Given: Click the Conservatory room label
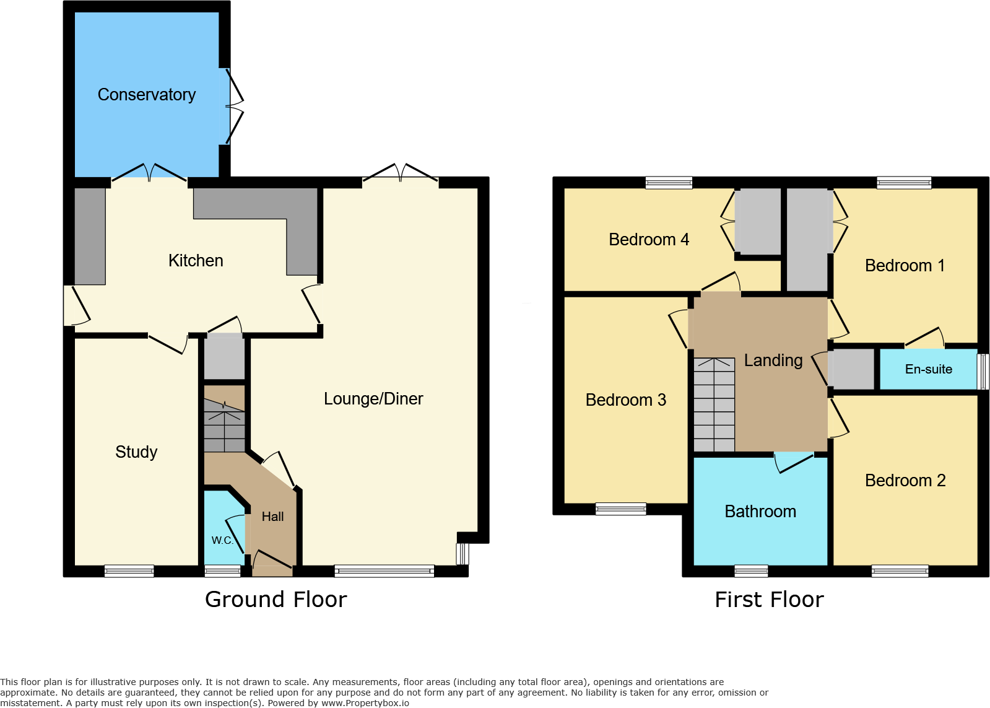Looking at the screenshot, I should coord(147,95).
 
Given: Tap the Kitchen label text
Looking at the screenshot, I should coord(196,261).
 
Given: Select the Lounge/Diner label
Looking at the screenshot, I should coord(373,399).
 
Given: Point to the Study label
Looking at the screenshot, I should coord(136,452).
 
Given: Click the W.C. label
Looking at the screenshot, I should coord(222,540).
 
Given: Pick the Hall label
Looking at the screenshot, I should coord(272,517).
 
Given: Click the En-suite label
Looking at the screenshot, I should coord(928,370).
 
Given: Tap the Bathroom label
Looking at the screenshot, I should coord(760,512).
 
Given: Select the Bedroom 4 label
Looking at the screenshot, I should coord(649,240).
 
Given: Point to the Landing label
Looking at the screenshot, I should coord(773,361).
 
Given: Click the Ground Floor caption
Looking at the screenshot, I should coord(276,600).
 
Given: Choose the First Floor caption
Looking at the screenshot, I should coord(769,600).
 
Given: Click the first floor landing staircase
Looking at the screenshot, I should coord(714,405).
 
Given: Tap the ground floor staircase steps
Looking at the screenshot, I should coord(224,426).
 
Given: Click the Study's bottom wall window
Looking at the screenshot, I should coord(129,571).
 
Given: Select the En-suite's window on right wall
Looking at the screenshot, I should coord(983,371).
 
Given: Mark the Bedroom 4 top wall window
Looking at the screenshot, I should coord(669,183).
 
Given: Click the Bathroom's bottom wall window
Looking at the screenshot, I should coord(751,571).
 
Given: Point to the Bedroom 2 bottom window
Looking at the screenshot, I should coord(900,571).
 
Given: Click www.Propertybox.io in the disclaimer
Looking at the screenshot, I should coord(365,703).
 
